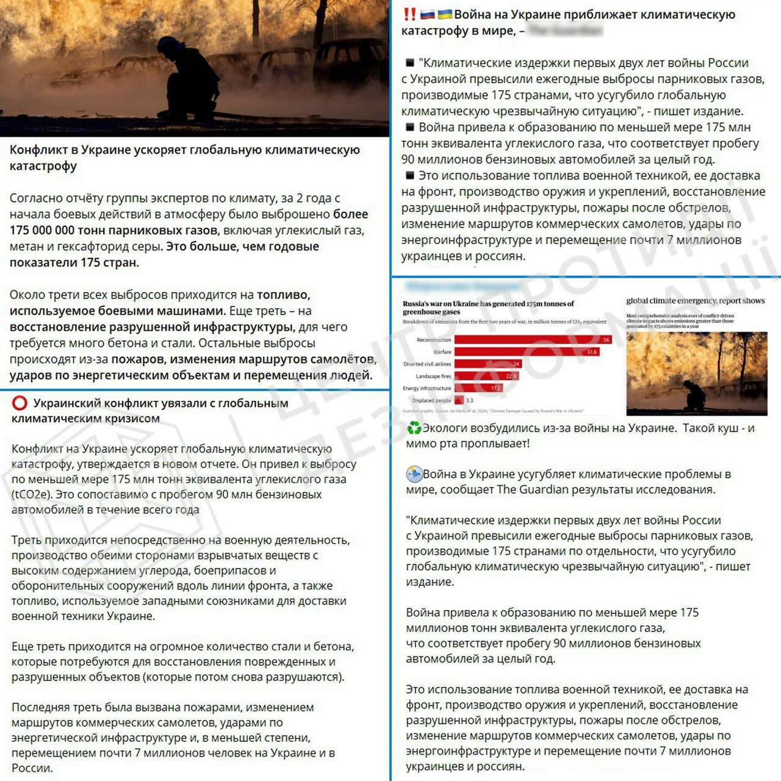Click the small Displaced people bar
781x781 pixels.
tap(459, 400)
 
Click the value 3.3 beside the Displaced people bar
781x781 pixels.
tap(469, 400)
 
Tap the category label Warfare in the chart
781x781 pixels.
tap(442, 352)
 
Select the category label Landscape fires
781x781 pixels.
tap(433, 376)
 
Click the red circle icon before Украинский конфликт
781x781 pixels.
tap(20, 403)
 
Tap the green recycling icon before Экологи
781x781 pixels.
tap(414, 428)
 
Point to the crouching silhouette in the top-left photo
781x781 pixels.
tap(186, 76)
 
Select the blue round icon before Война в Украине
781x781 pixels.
tap(414, 474)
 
